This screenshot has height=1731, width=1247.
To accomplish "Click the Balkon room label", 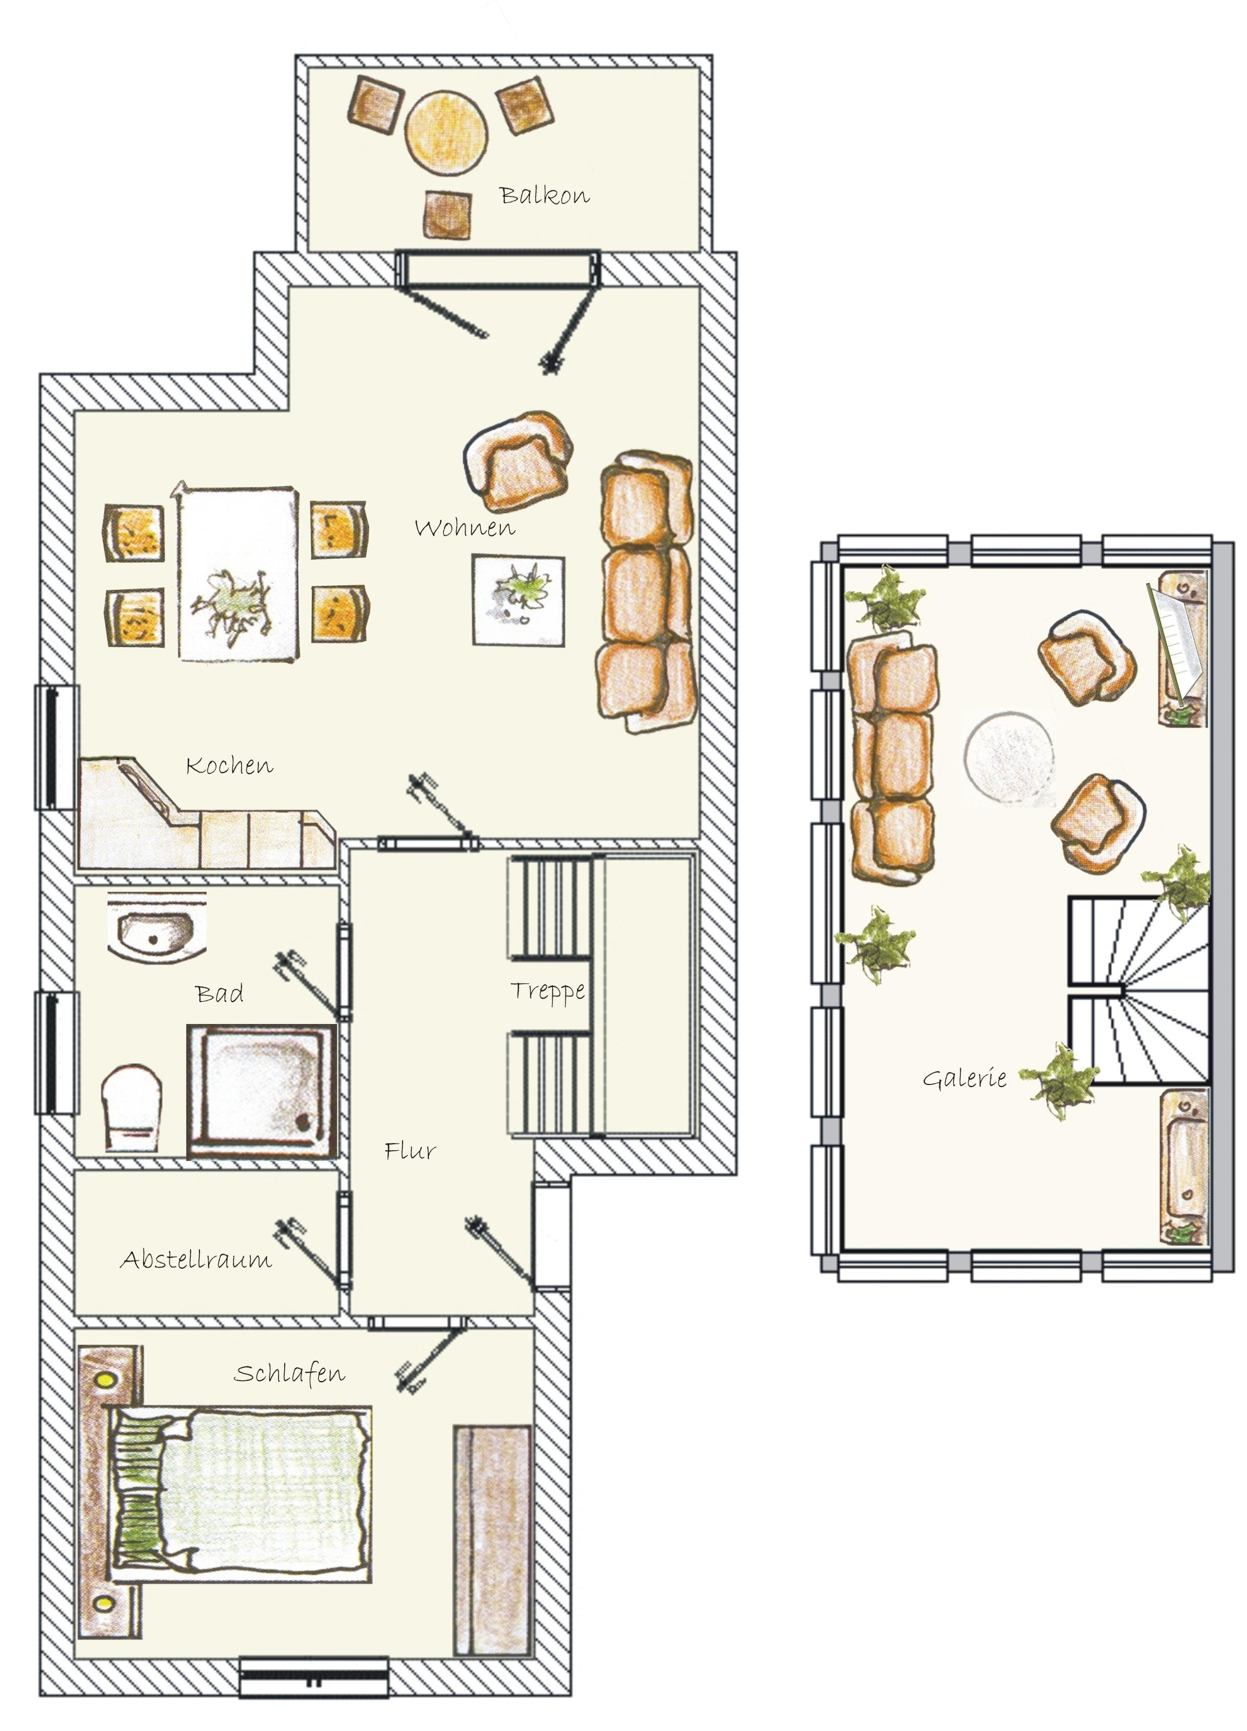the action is pyautogui.click(x=544, y=196).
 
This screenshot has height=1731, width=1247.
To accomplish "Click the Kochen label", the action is pyautogui.click(x=229, y=766).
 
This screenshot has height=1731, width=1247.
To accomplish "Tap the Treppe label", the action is pyautogui.click(x=547, y=991).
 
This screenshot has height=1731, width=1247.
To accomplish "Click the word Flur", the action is pyautogui.click(x=410, y=1151).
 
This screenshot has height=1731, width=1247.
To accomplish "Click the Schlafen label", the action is pyautogui.click(x=289, y=1374).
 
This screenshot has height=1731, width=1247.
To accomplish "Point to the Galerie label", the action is pyautogui.click(x=964, y=1078).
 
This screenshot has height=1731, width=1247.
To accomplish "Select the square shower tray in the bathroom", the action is pyautogui.click(x=261, y=1092).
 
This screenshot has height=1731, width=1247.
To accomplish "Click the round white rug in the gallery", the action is pyautogui.click(x=1009, y=757).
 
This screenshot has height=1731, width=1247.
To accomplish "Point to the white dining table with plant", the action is pyautogui.click(x=238, y=573).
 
